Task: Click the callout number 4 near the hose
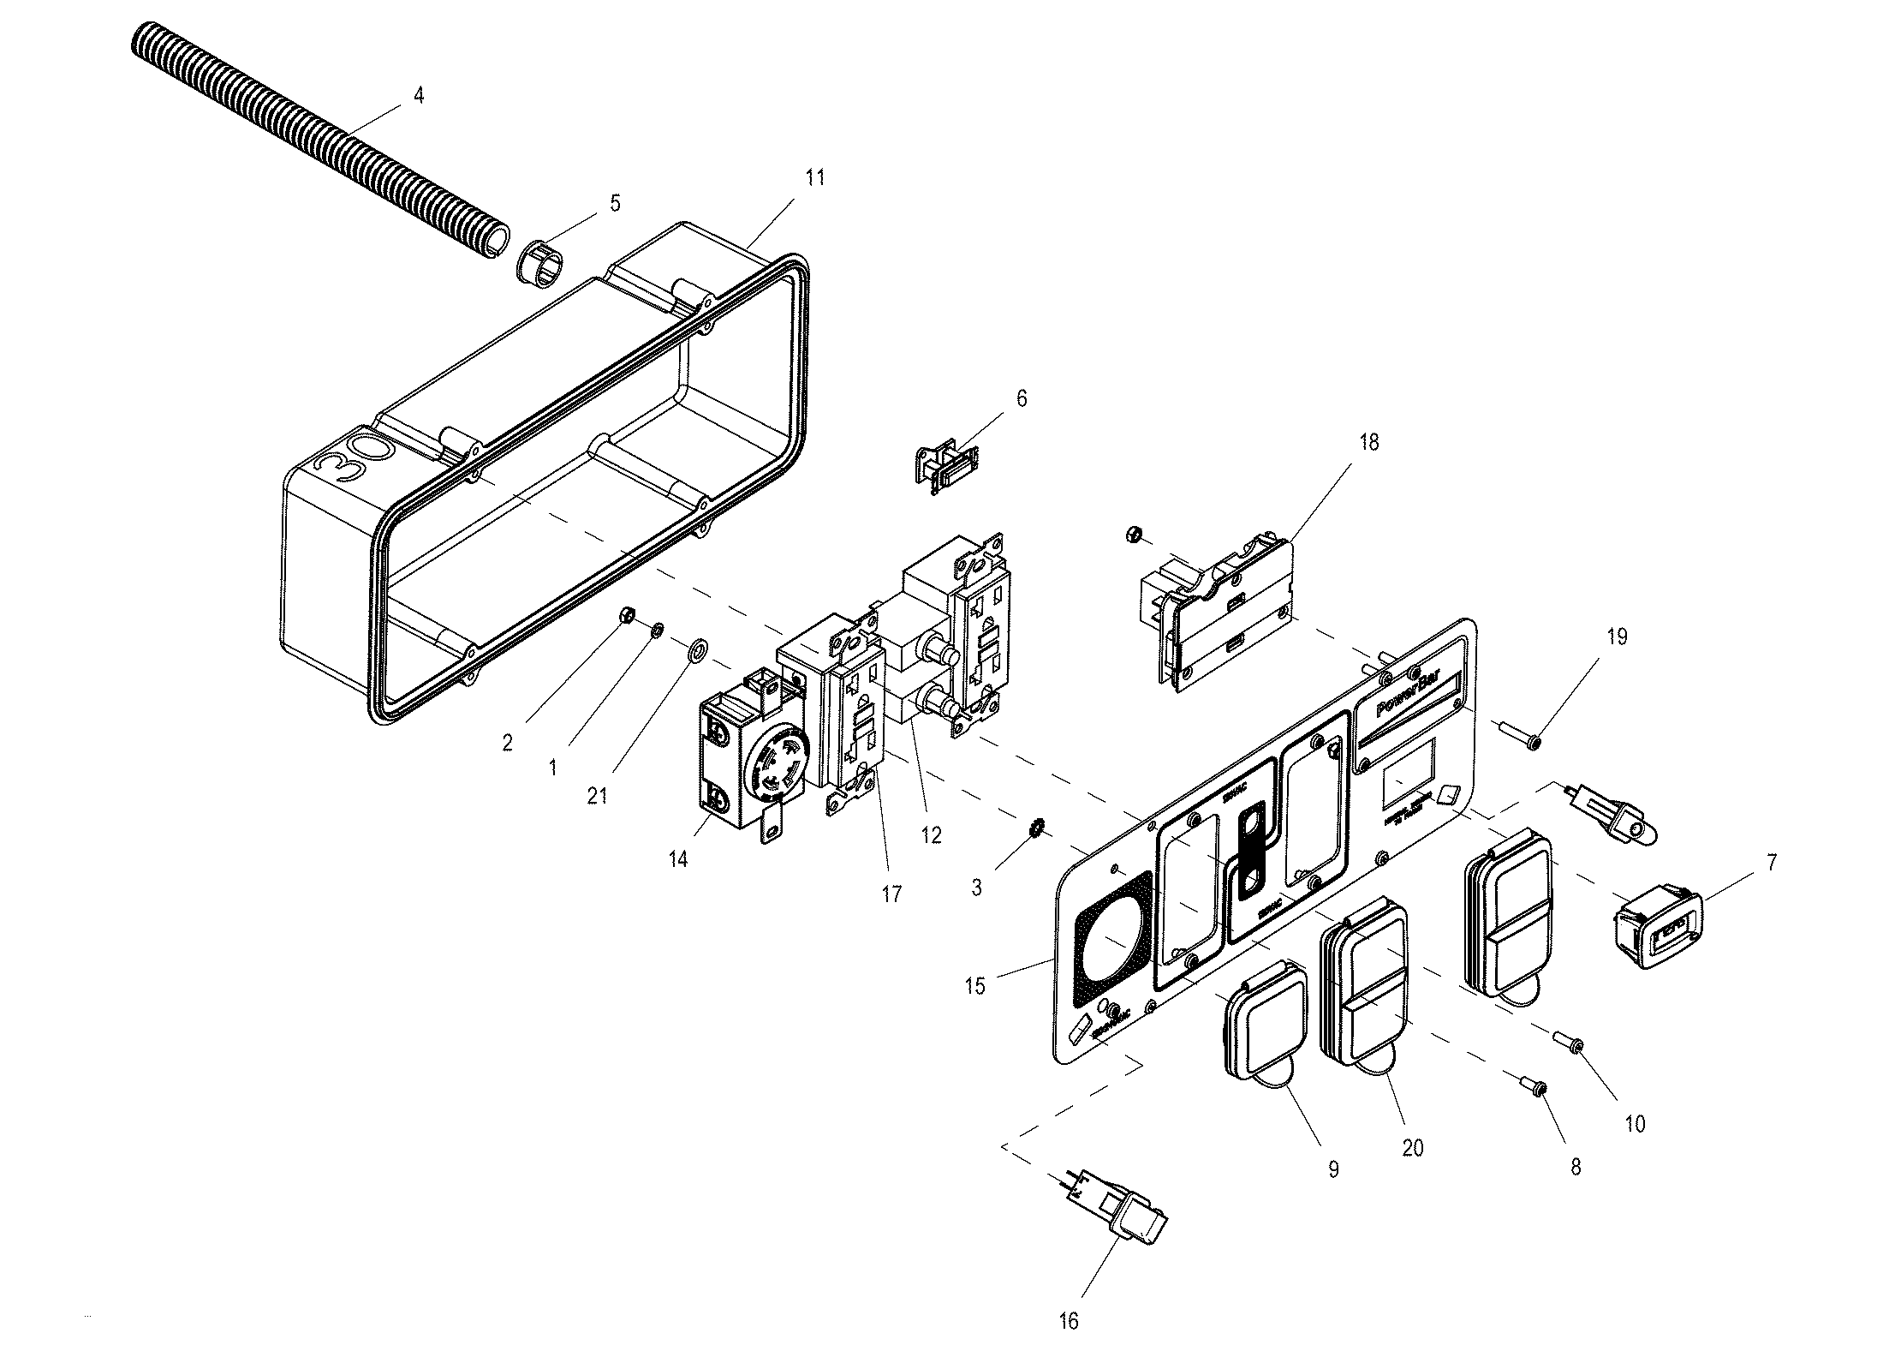[x=418, y=95]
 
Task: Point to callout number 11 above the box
[x=814, y=177]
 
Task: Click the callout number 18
[x=1368, y=442]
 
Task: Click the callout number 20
[x=1412, y=1147]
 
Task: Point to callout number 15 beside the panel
[x=974, y=986]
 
